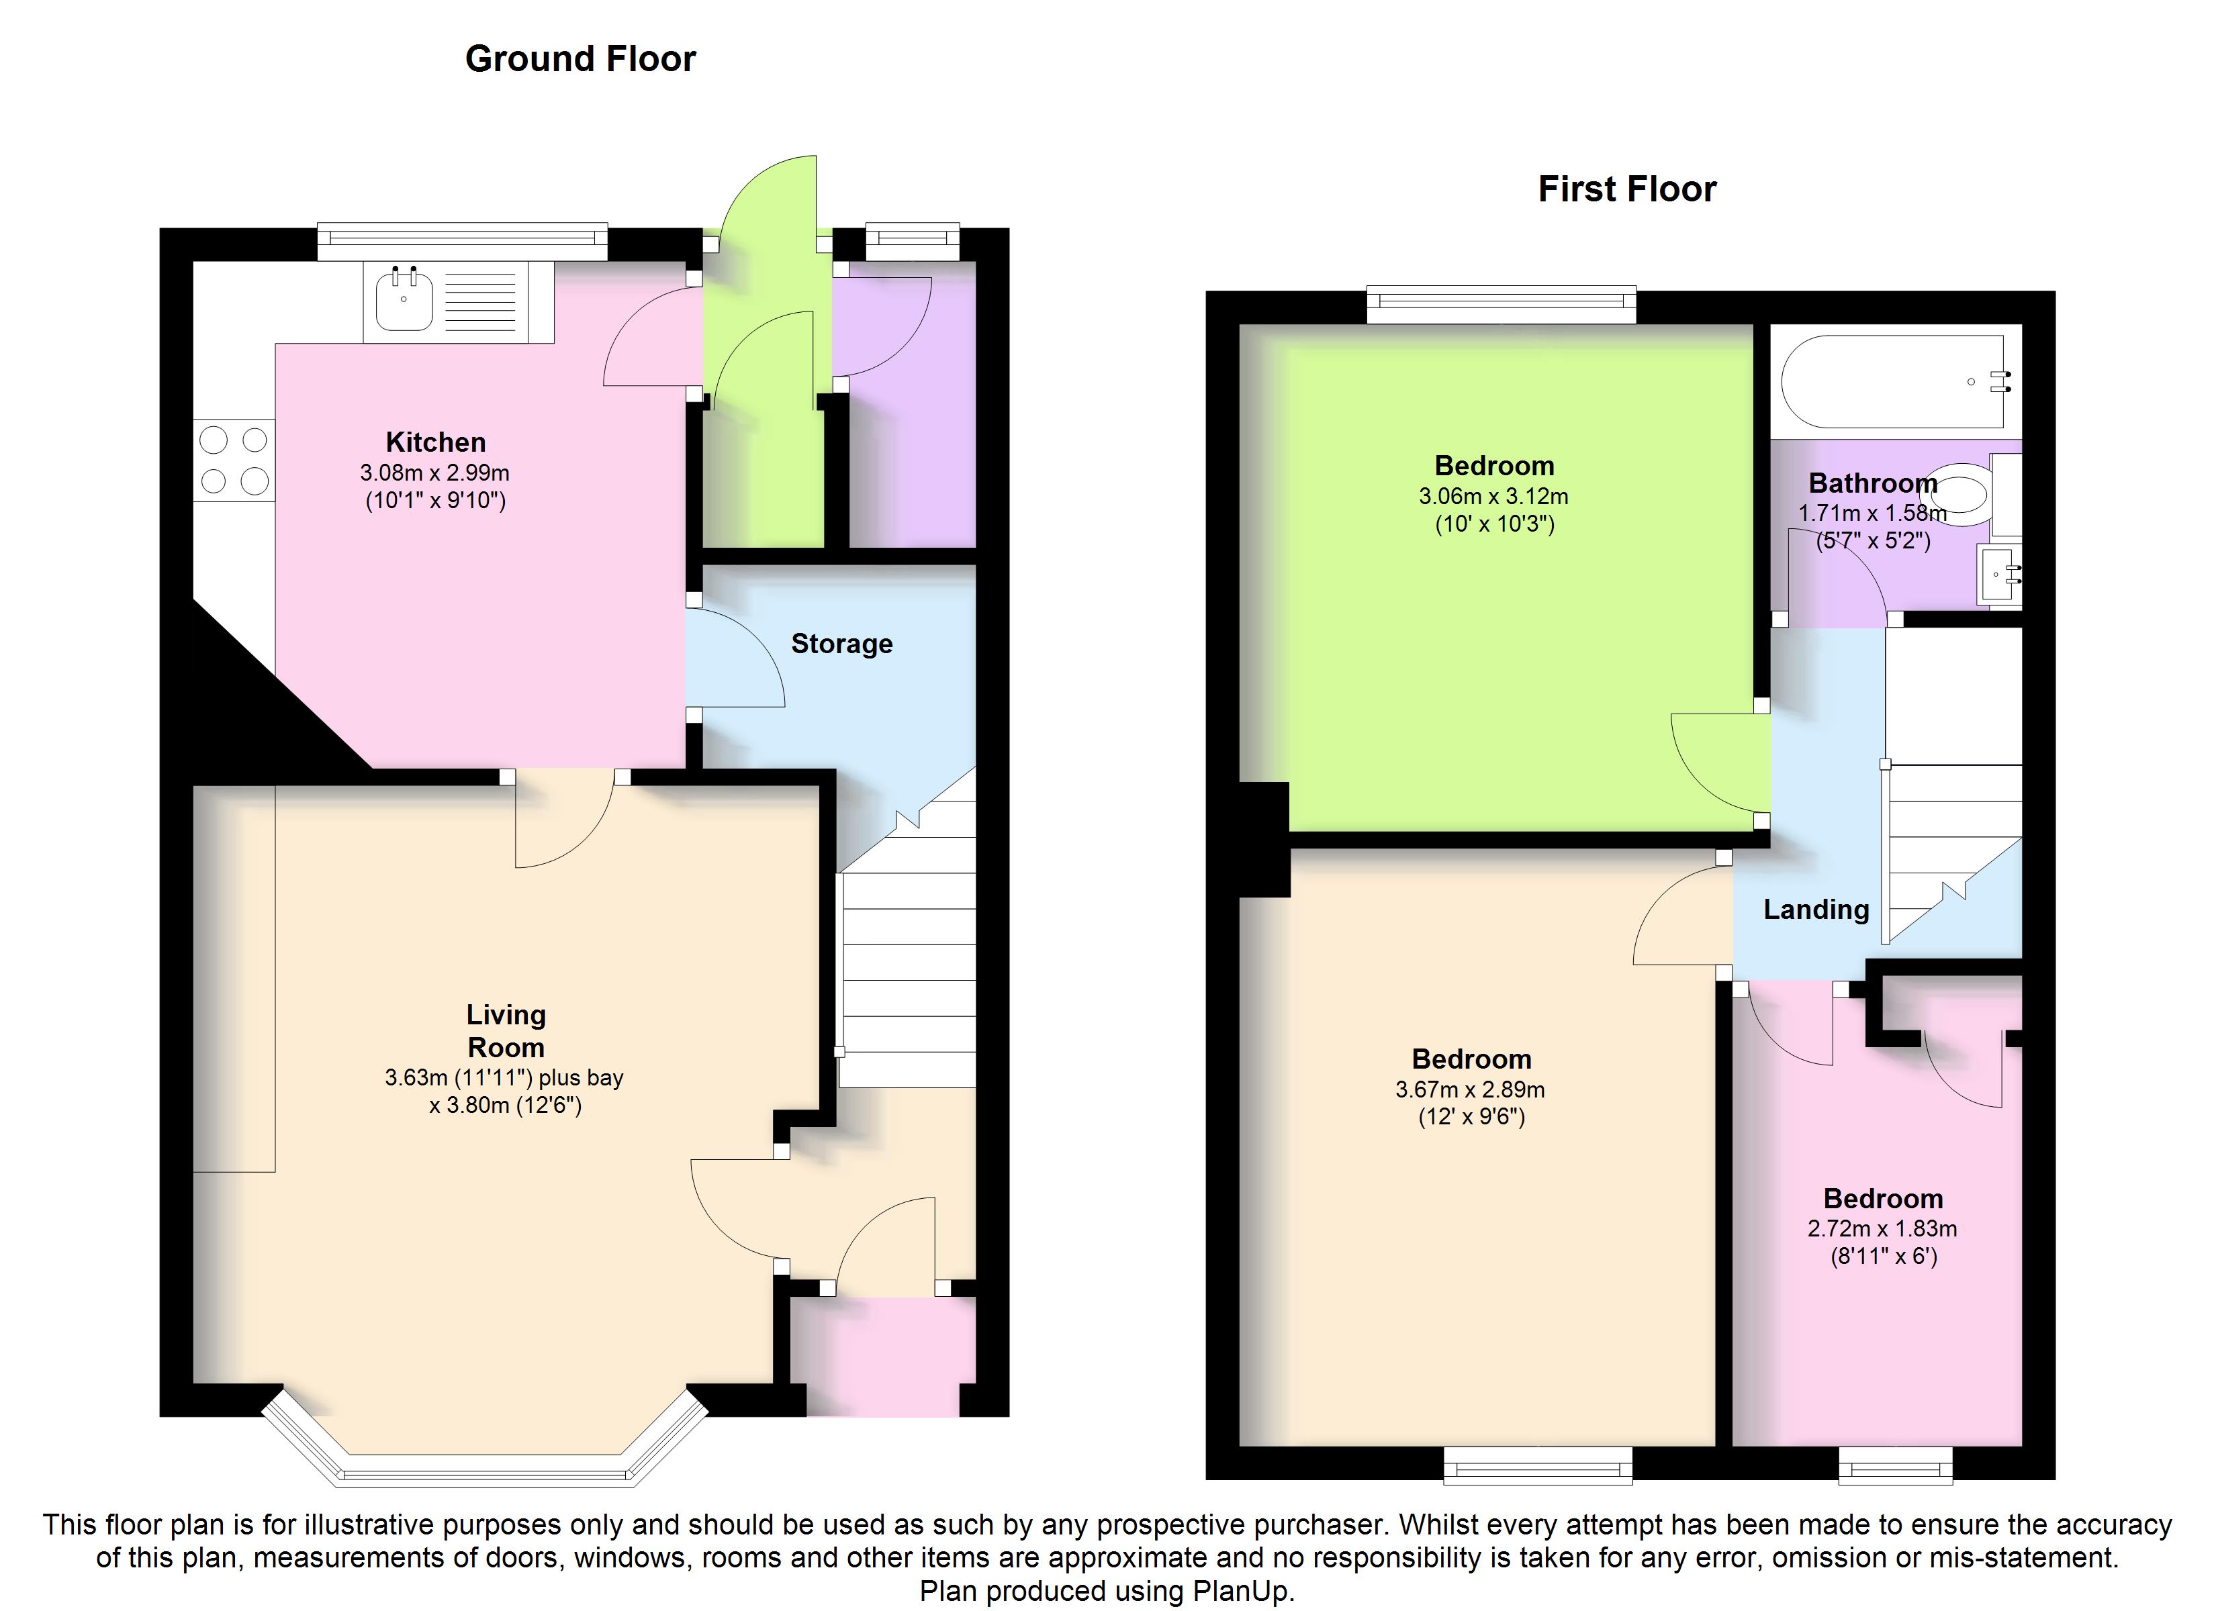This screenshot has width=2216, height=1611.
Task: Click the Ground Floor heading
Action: (580, 58)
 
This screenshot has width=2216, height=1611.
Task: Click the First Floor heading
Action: (1627, 189)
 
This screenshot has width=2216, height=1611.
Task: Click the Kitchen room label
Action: (436, 442)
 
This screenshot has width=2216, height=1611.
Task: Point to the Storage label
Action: (841, 644)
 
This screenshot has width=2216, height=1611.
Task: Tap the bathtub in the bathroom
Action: (1894, 382)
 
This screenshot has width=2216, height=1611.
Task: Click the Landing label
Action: (1815, 910)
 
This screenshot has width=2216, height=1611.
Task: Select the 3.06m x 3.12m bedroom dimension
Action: (1494, 495)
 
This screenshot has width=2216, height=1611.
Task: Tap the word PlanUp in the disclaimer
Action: (1242, 1592)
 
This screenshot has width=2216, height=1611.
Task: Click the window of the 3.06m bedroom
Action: (1501, 304)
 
